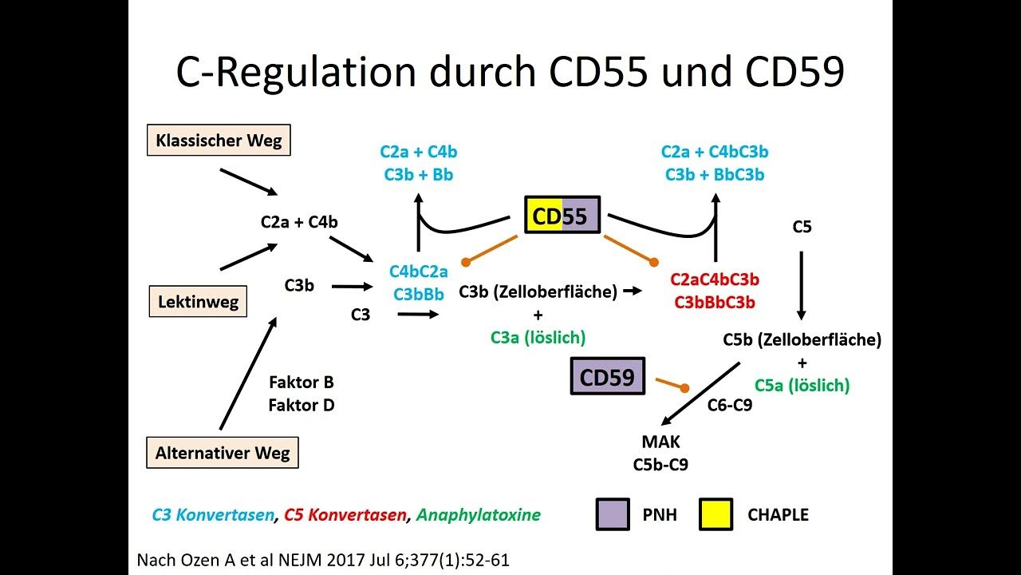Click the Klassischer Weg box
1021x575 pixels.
tap(219, 141)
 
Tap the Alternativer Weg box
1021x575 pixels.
tap(223, 454)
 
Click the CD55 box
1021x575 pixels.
tap(562, 215)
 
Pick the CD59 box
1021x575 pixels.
tap(607, 377)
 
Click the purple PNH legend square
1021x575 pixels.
tap(613, 514)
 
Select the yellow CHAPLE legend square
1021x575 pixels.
tap(715, 514)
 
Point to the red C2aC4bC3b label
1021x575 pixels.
tap(715, 280)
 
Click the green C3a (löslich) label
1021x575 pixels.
tap(538, 337)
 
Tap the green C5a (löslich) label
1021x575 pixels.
tap(802, 385)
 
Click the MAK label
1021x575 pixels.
tap(660, 442)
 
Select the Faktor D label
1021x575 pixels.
tap(302, 405)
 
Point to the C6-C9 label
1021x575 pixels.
tap(730, 405)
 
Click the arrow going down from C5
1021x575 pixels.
tap(802, 286)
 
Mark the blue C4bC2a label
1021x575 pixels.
tap(418, 272)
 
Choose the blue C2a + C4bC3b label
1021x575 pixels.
tap(715, 152)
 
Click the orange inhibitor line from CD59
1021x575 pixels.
tap(671, 384)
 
